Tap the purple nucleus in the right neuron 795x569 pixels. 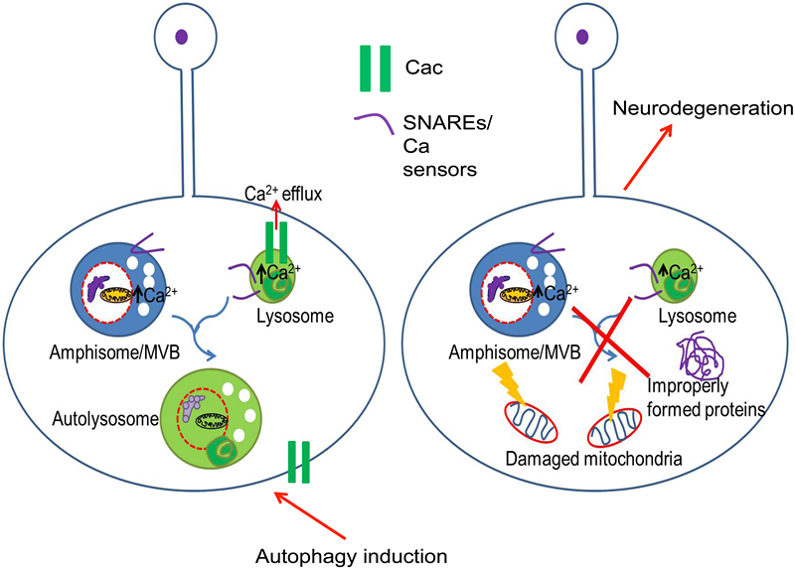tap(579, 38)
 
